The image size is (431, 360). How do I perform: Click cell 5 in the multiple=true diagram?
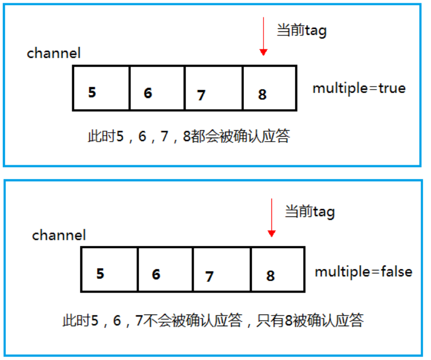tap(101, 88)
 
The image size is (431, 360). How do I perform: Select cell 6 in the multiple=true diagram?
tap(157, 88)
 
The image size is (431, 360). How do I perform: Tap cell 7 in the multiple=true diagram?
tap(214, 88)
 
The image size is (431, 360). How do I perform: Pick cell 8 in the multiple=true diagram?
tap(270, 88)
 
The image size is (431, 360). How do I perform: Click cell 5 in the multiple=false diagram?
tap(109, 270)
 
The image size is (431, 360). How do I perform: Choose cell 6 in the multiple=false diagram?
tap(165, 270)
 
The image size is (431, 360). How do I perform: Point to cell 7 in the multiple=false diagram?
tap(222, 270)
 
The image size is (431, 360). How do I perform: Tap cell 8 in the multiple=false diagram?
tap(278, 270)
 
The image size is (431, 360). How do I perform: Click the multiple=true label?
tap(359, 89)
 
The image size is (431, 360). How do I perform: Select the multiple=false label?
tap(363, 272)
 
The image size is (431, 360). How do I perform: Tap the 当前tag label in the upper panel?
tap(302, 30)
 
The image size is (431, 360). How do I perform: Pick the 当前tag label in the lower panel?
tap(310, 212)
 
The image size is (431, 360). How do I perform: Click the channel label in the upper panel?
tap(54, 53)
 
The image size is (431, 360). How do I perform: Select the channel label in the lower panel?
tap(59, 235)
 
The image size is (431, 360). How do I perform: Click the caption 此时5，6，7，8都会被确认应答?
tap(189, 137)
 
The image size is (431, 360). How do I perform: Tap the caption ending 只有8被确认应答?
tap(213, 321)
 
